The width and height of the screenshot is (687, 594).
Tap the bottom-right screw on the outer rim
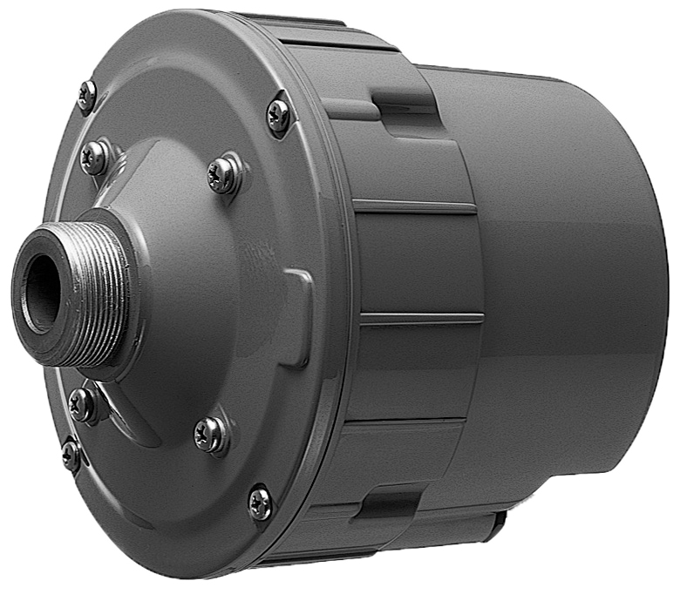click(x=259, y=502)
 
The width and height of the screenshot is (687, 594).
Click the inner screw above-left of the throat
click(x=92, y=157)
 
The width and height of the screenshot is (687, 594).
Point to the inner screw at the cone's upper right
click(x=223, y=175)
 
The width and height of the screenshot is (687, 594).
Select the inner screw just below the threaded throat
click(x=83, y=402)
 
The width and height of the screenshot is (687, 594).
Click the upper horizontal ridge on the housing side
click(x=414, y=206)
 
